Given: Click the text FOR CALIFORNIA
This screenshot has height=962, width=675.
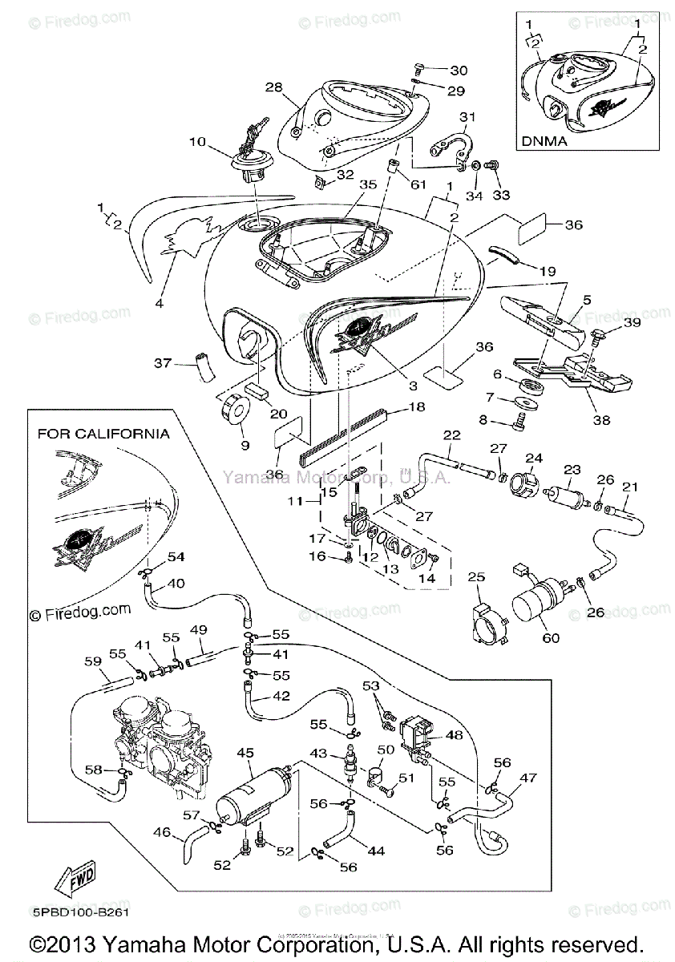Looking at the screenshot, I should click(x=103, y=434).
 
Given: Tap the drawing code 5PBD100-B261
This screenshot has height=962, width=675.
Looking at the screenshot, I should click(x=79, y=911).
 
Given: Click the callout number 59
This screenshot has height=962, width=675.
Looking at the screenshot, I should click(x=93, y=662).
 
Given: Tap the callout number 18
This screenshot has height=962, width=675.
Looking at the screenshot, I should click(x=417, y=407).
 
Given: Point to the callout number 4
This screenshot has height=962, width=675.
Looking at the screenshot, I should click(x=158, y=303).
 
